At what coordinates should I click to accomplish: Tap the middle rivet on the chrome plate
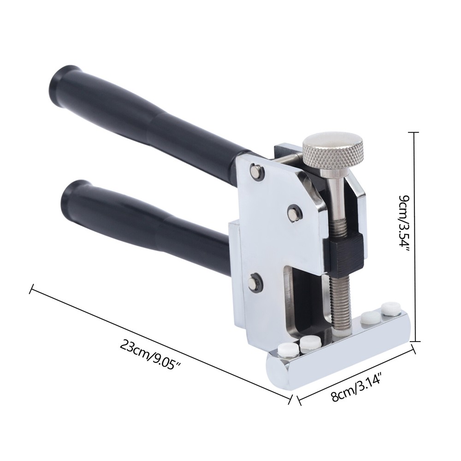click(294, 212)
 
